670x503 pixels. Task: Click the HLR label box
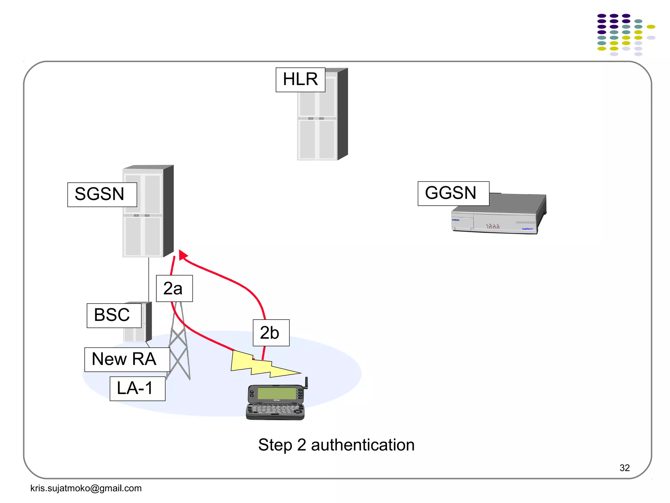tap(300, 80)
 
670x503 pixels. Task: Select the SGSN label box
tap(102, 195)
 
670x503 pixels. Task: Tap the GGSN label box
tap(453, 193)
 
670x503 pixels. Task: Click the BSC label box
tap(114, 315)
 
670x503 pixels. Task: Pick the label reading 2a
tap(174, 288)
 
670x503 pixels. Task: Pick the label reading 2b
tap(271, 332)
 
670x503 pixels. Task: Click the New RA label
tap(127, 359)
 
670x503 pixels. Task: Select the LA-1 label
tap(137, 388)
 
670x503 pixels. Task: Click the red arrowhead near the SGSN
tap(183, 255)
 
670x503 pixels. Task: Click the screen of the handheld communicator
tap(277, 393)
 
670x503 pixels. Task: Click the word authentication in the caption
tap(362, 445)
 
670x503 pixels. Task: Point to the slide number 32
tap(624, 468)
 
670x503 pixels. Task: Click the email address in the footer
tap(86, 488)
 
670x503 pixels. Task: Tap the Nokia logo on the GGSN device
tap(456, 220)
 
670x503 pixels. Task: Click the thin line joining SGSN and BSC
tap(149, 278)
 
